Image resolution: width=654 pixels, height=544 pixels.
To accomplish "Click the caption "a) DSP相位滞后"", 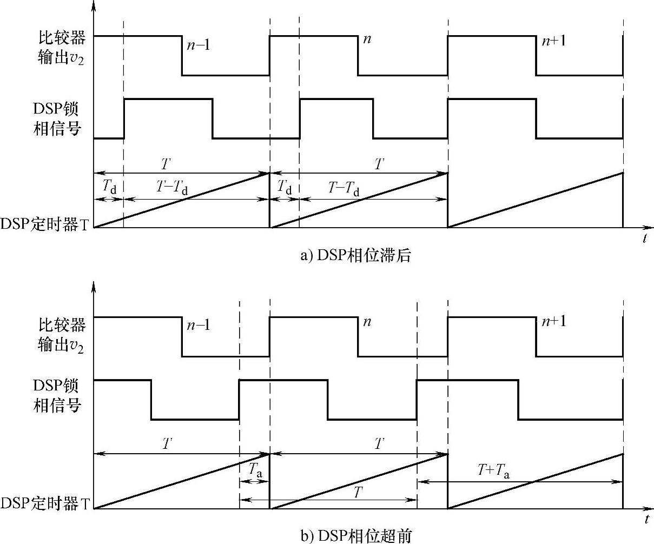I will point(355,255).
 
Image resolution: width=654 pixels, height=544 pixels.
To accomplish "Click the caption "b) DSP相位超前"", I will point(355,536).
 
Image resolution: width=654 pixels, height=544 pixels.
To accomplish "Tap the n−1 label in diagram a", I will point(199,45).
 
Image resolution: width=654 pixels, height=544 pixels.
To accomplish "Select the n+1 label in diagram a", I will point(553,41).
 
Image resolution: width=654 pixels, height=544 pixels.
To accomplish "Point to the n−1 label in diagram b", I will point(199,325).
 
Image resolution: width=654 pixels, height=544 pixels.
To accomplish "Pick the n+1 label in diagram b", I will point(553,321).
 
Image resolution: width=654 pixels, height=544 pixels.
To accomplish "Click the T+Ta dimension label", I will point(493,472).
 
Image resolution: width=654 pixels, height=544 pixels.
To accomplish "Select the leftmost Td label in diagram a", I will point(109,188).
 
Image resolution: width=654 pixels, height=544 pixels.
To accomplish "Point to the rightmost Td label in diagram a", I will point(285,188).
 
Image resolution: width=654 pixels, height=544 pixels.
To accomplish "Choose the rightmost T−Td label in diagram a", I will point(344,188).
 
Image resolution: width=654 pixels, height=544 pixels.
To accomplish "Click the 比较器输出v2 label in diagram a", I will point(61,46).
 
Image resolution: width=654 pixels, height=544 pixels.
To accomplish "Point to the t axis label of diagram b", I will point(646,520).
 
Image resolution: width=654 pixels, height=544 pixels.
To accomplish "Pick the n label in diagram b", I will point(367,322).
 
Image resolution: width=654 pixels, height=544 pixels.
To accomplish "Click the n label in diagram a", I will point(367,40).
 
